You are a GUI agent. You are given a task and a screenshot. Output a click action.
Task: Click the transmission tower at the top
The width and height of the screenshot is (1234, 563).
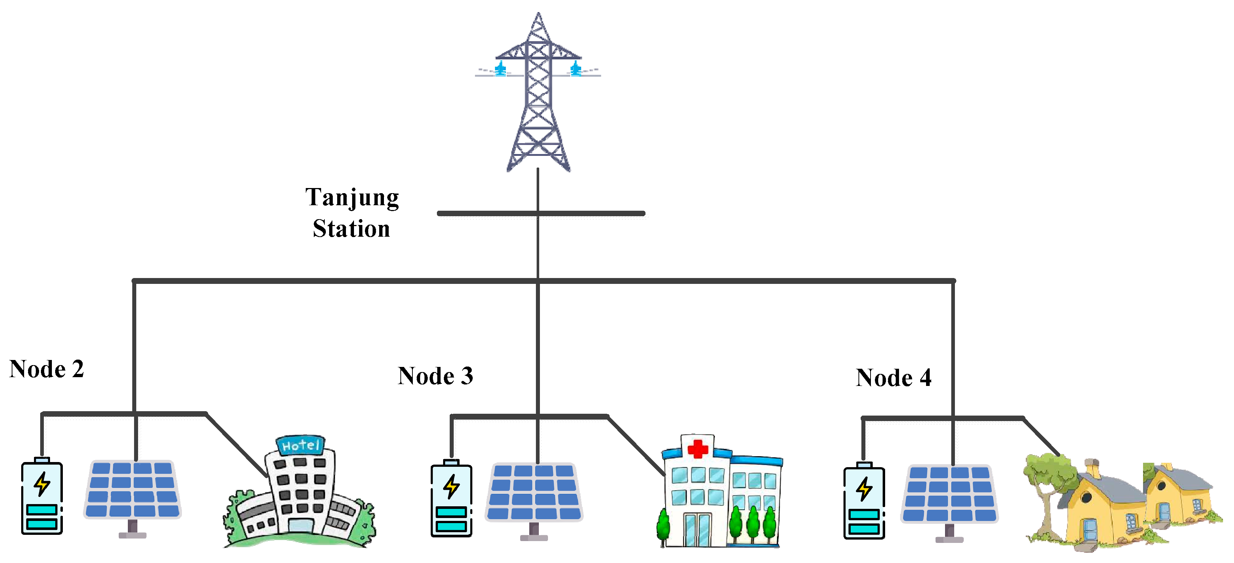(538, 96)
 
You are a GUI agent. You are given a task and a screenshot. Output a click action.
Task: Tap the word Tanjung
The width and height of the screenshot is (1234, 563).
(352, 198)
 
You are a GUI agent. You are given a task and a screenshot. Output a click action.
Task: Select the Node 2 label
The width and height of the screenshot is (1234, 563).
(46, 369)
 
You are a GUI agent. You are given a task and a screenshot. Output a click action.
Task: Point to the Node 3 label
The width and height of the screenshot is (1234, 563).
(435, 376)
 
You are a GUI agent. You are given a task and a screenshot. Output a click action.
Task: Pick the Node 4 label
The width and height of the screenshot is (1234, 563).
(894, 378)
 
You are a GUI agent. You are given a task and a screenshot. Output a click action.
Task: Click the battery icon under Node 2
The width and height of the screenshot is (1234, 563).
(42, 497)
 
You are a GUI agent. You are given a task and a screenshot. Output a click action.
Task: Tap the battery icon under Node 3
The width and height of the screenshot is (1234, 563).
(451, 499)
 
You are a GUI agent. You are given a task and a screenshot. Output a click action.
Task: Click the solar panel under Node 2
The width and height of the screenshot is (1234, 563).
(133, 489)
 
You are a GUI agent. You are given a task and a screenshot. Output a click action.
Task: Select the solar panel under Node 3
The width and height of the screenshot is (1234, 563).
(534, 492)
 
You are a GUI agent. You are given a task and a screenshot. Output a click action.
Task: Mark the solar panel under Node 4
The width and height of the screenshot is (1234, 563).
(949, 494)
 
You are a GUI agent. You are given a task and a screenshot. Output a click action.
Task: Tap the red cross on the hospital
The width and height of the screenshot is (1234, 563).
(697, 448)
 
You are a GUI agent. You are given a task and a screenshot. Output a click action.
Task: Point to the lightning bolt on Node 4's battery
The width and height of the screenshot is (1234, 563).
(864, 489)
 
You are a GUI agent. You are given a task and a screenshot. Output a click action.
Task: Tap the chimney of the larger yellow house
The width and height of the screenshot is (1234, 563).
(1093, 468)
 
